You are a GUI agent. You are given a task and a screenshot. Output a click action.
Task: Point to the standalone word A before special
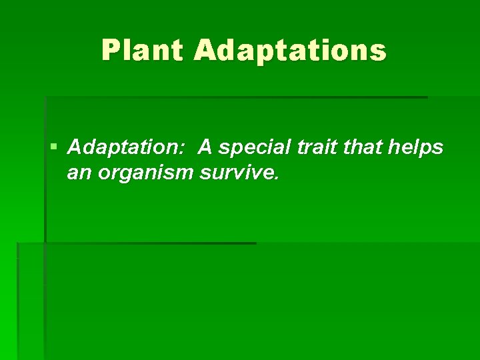[204, 147]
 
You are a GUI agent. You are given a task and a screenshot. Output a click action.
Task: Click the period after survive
[273, 179]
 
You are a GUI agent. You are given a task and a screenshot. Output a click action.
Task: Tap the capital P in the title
[110, 51]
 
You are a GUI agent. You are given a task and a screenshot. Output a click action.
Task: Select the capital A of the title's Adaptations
[205, 51]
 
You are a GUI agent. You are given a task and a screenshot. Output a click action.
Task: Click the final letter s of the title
[379, 51]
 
